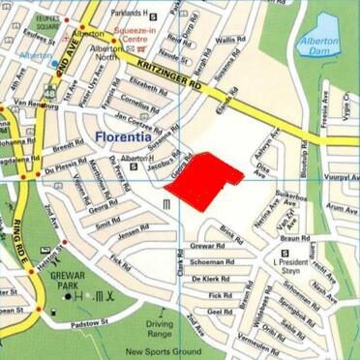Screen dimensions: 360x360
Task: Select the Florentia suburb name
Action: (x=127, y=137)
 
